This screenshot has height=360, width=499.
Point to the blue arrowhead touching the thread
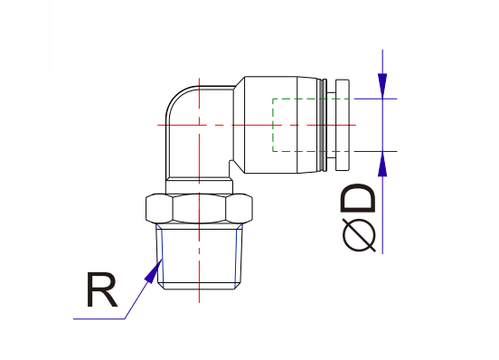click(x=155, y=269)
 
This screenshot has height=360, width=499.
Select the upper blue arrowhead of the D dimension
click(x=383, y=86)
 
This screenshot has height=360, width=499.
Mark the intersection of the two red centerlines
click(x=197, y=123)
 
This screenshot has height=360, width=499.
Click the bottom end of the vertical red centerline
click(x=197, y=298)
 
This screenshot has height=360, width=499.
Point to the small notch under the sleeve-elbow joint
click(x=233, y=166)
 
